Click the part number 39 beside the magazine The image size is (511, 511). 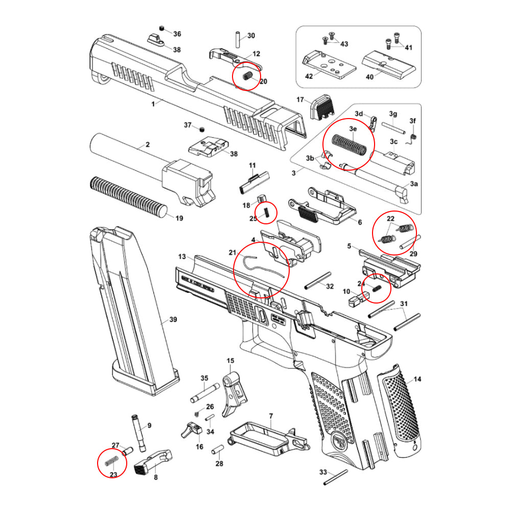coord(173,320)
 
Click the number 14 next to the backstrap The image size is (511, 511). coord(417,379)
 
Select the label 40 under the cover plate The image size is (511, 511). coord(369,78)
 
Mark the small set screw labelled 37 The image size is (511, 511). coord(201,128)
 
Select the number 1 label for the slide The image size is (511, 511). coord(153,104)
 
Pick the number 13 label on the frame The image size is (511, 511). coord(182,255)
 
